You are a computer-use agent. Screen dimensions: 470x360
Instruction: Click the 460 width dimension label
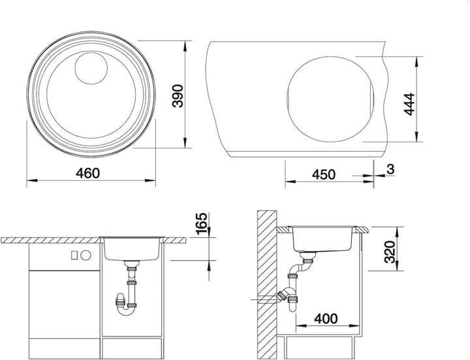click(x=87, y=173)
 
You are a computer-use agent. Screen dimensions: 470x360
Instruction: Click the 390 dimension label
click(x=178, y=95)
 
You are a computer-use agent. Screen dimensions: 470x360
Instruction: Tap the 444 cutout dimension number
click(x=409, y=104)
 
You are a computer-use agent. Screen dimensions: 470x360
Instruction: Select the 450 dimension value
click(x=324, y=174)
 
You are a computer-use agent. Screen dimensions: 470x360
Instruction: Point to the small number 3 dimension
click(x=390, y=169)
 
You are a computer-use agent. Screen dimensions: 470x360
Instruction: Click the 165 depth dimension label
click(x=201, y=223)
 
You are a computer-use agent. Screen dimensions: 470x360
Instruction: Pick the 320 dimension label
click(x=390, y=252)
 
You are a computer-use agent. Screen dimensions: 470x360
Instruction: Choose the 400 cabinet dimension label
click(x=326, y=319)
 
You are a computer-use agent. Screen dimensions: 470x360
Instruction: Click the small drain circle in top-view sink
click(x=91, y=68)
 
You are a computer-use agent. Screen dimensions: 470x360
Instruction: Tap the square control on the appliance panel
click(x=74, y=255)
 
